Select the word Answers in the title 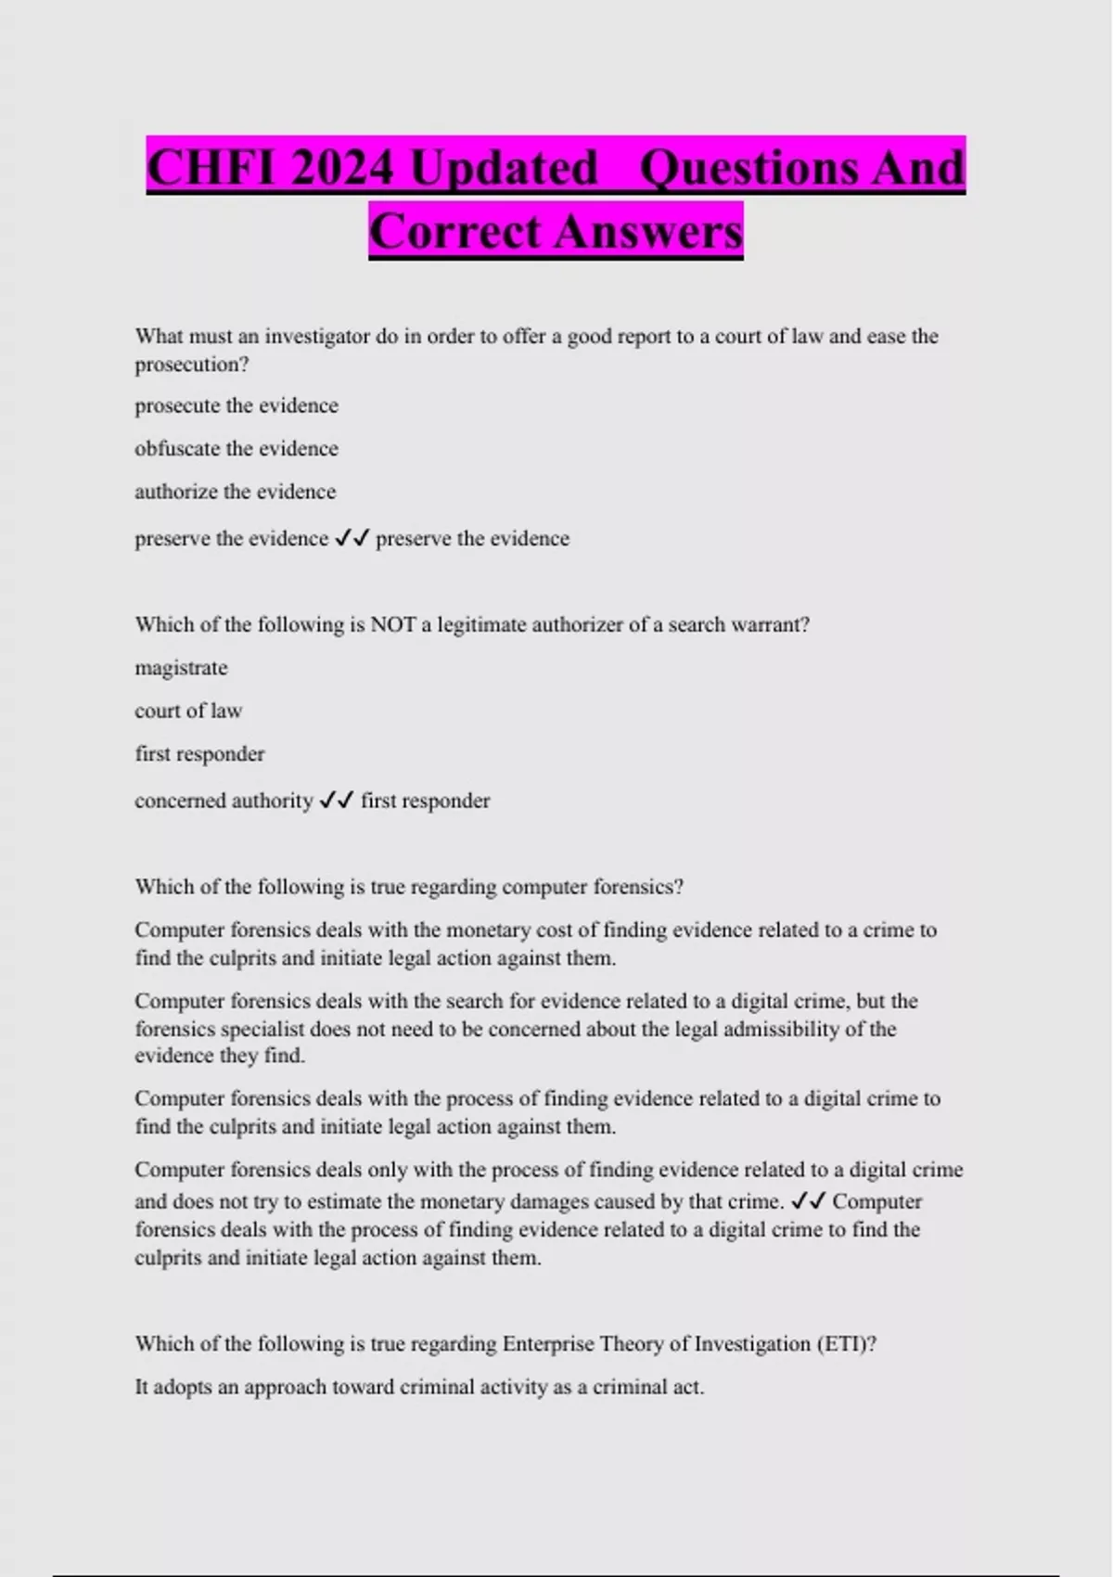[x=648, y=232]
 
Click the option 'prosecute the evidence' [x=237, y=405]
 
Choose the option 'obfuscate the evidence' [x=237, y=448]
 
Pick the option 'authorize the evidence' [x=236, y=492]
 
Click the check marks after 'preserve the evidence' [x=352, y=538]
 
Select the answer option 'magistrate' [x=181, y=668]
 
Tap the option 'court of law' [x=188, y=711]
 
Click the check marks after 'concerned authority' [x=337, y=801]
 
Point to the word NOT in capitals [x=392, y=624]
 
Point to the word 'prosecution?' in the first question [x=192, y=365]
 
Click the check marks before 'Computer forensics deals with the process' [x=808, y=1201]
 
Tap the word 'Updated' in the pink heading [x=504, y=169]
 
